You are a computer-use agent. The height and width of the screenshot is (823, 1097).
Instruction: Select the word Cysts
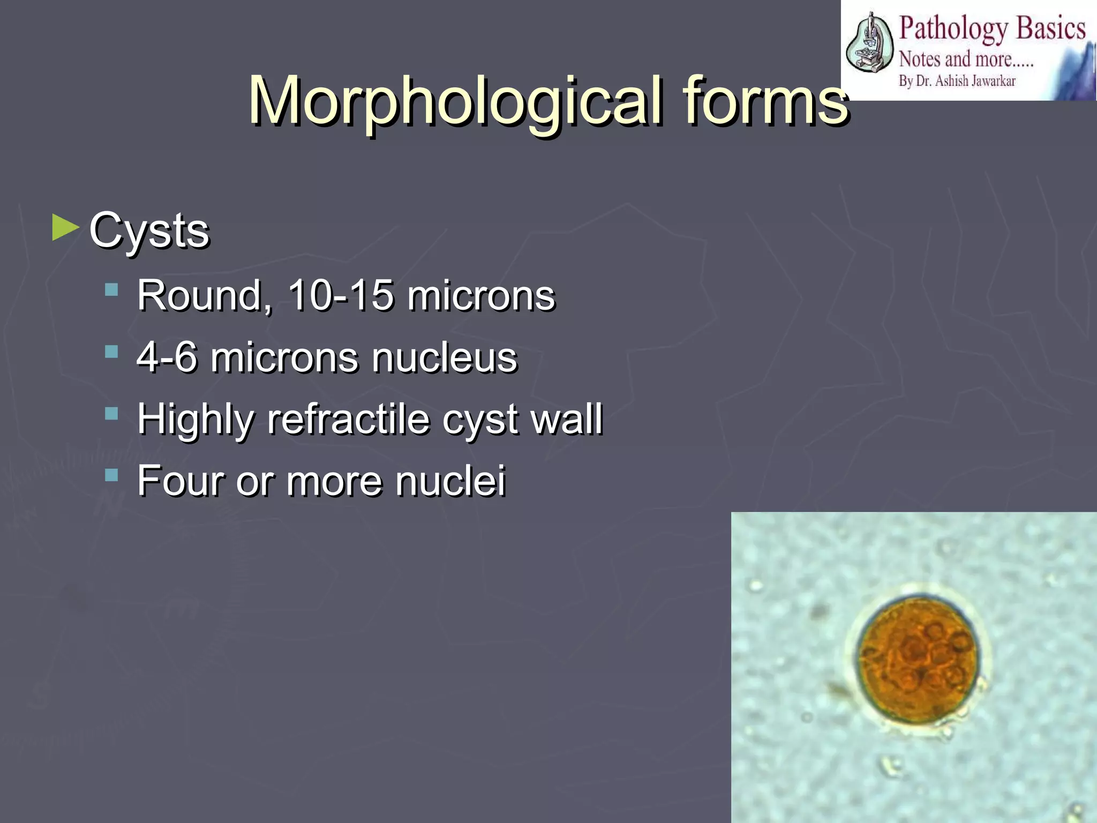tap(149, 231)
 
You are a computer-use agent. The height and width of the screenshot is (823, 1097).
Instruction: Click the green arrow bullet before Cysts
tap(65, 227)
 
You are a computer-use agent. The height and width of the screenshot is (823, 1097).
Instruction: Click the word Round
tap(204, 296)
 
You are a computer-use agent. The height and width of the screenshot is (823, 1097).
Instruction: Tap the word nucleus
tap(445, 358)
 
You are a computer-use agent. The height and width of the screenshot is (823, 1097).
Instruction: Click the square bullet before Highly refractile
tap(111, 413)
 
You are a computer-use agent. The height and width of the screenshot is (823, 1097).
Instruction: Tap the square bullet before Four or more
tap(111, 475)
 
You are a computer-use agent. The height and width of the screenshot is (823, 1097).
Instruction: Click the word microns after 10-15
tap(480, 296)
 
